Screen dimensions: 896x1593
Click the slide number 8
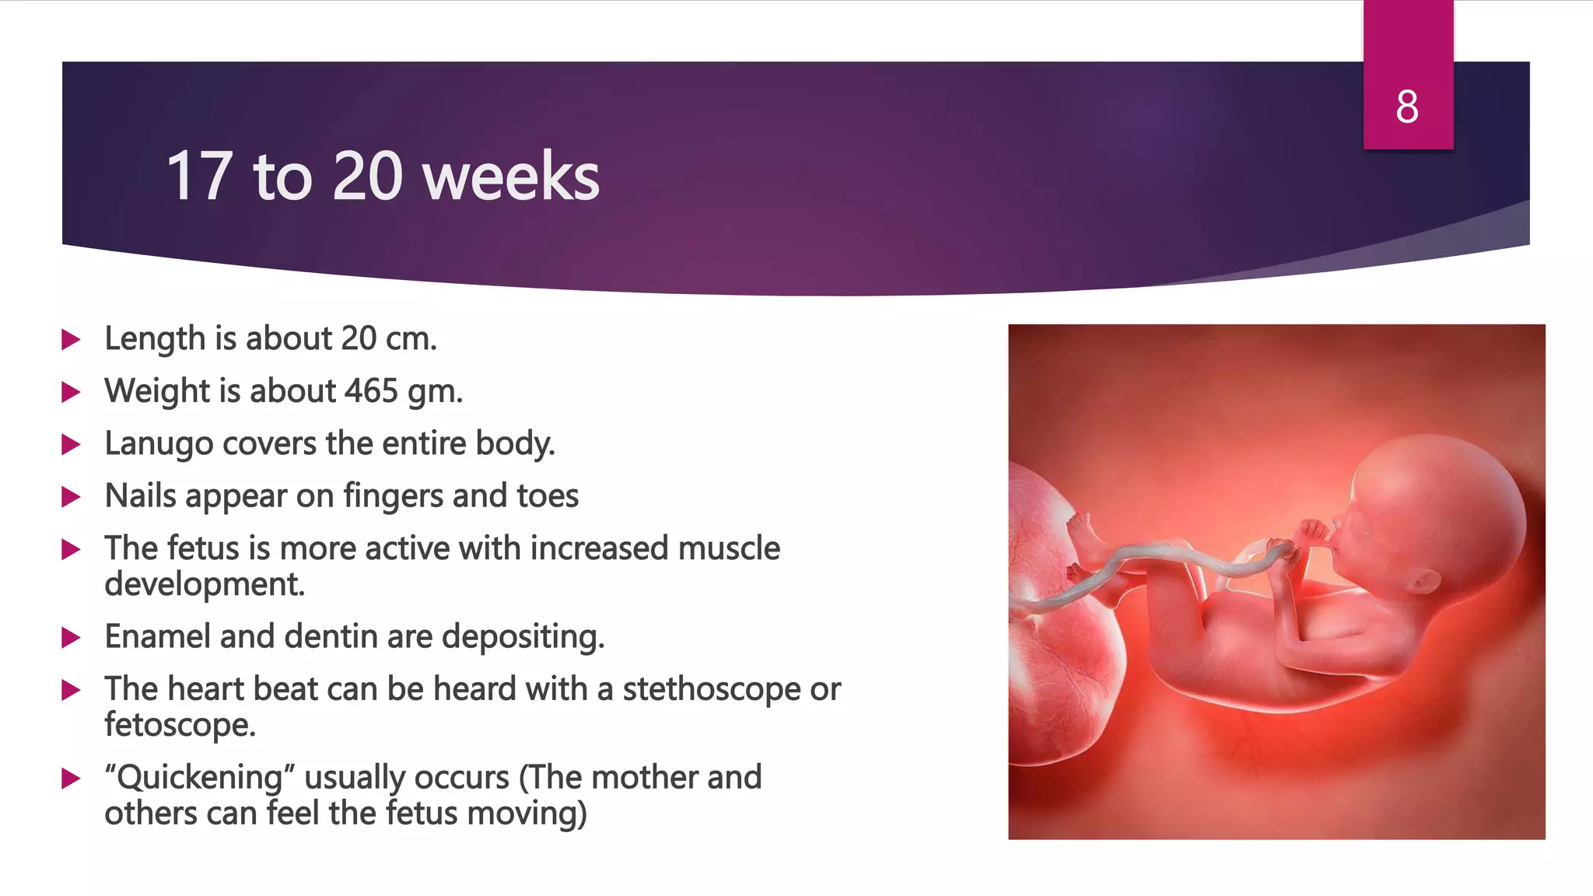pyautogui.click(x=1407, y=107)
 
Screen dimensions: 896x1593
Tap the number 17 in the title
pyautogui.click(x=199, y=177)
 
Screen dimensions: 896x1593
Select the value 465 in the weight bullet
pyautogui.click(x=372, y=391)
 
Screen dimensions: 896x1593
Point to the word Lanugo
pyautogui.click(x=159, y=444)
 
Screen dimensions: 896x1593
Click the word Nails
pyautogui.click(x=140, y=496)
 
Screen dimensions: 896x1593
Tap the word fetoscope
pyautogui.click(x=179, y=725)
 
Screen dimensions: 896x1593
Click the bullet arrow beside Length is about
pyautogui.click(x=72, y=340)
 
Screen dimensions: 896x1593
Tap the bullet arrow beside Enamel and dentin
pyautogui.click(x=72, y=639)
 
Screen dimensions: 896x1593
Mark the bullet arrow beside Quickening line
pyautogui.click(x=72, y=779)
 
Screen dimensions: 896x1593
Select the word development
pyautogui.click(x=204, y=584)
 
